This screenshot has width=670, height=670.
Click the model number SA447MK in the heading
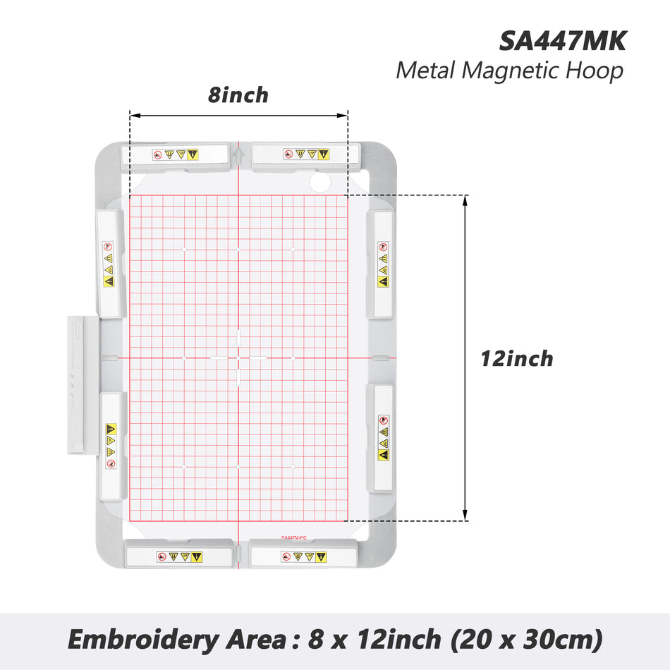(x=562, y=40)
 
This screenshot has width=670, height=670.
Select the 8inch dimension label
(x=238, y=95)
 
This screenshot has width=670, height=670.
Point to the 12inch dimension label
(x=516, y=358)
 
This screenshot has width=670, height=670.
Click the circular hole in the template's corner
(x=319, y=183)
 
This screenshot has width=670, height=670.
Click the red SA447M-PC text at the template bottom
(x=293, y=537)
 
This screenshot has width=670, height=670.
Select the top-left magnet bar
(x=176, y=154)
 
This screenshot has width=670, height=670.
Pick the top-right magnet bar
(x=305, y=154)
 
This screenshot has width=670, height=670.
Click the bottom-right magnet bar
(x=304, y=556)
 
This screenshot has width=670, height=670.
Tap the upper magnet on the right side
(x=382, y=264)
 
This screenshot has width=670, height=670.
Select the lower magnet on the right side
(x=382, y=437)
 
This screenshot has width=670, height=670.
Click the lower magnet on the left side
(x=111, y=446)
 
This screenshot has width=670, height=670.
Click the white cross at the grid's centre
(x=238, y=358)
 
